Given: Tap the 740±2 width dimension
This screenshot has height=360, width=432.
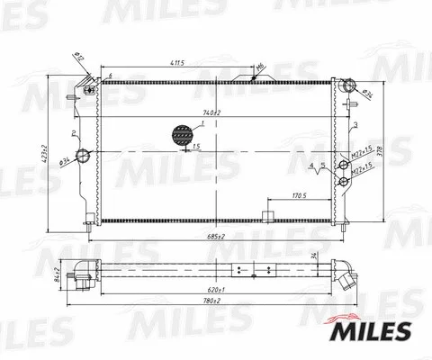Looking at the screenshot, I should (211, 112).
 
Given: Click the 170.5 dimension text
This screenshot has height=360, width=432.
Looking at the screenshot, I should (301, 195).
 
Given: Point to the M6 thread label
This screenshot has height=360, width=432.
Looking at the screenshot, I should (258, 67).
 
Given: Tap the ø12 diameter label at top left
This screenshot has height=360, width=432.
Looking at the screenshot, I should (78, 58).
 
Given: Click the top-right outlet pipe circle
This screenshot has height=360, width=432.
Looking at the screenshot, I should (345, 87).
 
